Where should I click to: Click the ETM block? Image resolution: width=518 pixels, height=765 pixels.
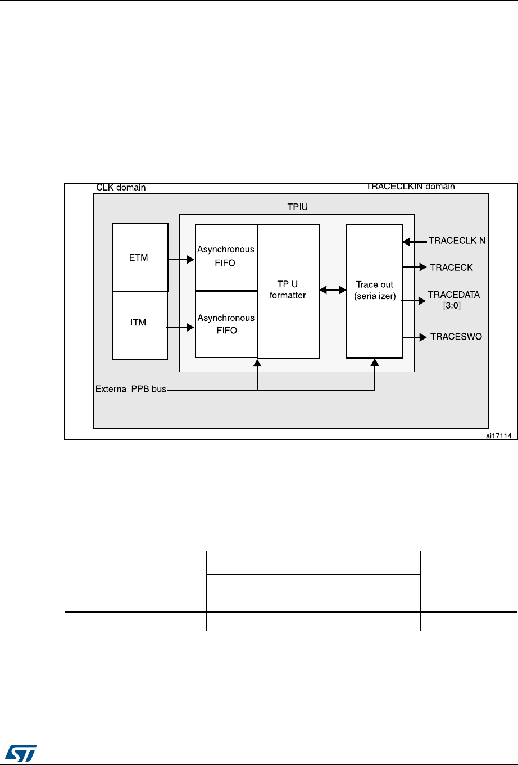pyautogui.click(x=140, y=257)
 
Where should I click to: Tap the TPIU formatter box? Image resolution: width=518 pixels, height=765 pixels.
pyautogui.click(x=288, y=291)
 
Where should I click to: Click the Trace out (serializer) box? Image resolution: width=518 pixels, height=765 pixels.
pyautogui.click(x=374, y=291)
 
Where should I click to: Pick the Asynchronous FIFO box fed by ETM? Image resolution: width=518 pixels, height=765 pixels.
pyautogui.click(x=226, y=257)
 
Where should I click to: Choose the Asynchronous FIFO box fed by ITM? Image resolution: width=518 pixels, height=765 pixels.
pyautogui.click(x=226, y=324)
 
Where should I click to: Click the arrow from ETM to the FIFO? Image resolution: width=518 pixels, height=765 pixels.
pyautogui.click(x=181, y=260)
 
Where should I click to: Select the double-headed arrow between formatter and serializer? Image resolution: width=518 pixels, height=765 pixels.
pyautogui.click(x=333, y=290)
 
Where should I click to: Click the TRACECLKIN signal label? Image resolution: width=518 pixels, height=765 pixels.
pyautogui.click(x=457, y=241)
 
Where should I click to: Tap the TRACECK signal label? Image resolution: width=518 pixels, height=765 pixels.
pyautogui.click(x=451, y=268)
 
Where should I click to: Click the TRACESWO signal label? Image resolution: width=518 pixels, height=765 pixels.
pyautogui.click(x=456, y=337)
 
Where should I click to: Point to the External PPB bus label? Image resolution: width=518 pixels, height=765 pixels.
pyautogui.click(x=131, y=389)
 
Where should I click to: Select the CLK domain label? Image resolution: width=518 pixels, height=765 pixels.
pyautogui.click(x=121, y=188)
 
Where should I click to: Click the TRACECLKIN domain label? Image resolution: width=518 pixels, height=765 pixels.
pyautogui.click(x=410, y=187)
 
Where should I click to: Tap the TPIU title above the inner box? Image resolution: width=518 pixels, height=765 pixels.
pyautogui.click(x=297, y=207)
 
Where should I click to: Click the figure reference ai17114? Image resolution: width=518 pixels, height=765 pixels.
pyautogui.click(x=501, y=434)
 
